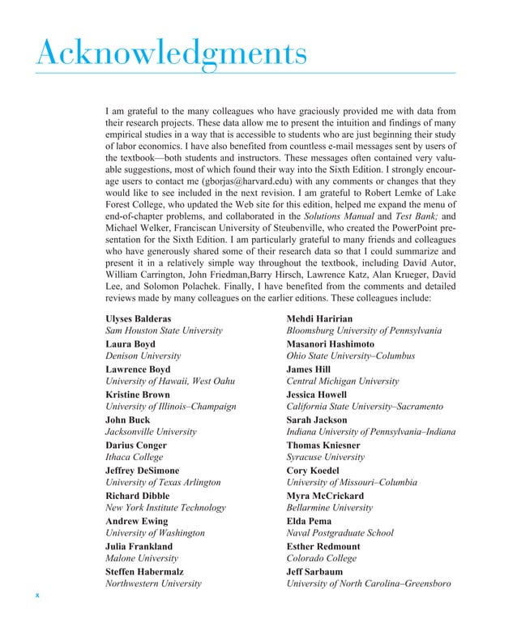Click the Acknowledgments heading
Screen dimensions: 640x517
[171, 55]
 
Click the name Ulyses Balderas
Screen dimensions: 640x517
[138, 318]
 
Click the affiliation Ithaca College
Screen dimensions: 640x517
[135, 457]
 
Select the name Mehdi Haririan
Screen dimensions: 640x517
[320, 318]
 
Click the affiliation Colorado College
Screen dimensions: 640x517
[322, 558]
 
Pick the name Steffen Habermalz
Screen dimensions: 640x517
[147, 570]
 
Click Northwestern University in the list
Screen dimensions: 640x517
[153, 583]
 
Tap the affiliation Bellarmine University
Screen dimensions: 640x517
[329, 507]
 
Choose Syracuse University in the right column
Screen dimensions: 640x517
[325, 457]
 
